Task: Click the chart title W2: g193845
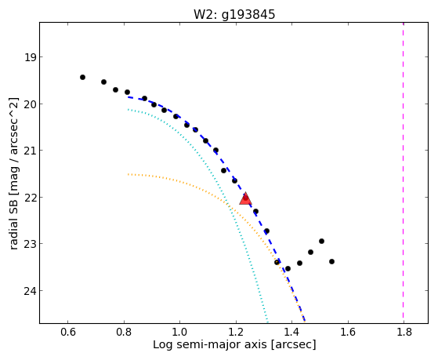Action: (234, 15)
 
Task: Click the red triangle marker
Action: (245, 198)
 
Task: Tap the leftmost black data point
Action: (82, 77)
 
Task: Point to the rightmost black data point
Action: (332, 261)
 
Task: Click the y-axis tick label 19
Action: (31, 57)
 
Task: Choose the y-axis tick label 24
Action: (31, 291)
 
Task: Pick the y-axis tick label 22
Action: (31, 198)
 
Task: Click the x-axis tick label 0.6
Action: (68, 332)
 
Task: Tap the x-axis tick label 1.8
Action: (404, 332)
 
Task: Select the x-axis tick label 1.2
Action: (236, 332)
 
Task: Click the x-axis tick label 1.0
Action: (180, 332)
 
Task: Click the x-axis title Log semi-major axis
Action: (209, 344)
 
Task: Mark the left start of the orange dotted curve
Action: (129, 174)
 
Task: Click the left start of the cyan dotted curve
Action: (129, 109)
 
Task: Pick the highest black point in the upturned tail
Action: (321, 241)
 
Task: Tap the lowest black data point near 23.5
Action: (288, 268)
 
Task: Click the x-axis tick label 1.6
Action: (348, 332)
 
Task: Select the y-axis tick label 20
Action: (31, 104)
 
